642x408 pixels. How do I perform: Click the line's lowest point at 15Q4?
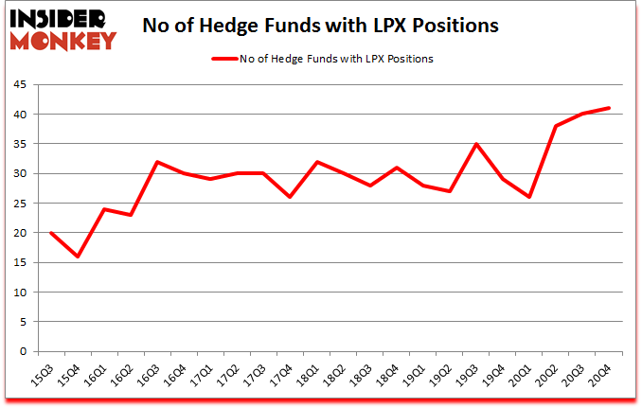pyautogui.click(x=78, y=257)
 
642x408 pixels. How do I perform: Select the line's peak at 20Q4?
pyautogui.click(x=609, y=108)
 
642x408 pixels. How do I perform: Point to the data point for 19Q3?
pyautogui.click(x=476, y=144)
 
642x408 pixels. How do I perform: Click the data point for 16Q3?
pyautogui.click(x=157, y=162)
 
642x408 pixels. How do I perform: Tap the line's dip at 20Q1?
pyautogui.click(x=529, y=197)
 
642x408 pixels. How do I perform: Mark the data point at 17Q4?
pyautogui.click(x=290, y=197)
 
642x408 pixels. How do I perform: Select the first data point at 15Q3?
pyautogui.click(x=51, y=233)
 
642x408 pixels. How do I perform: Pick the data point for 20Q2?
pyautogui.click(x=556, y=126)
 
